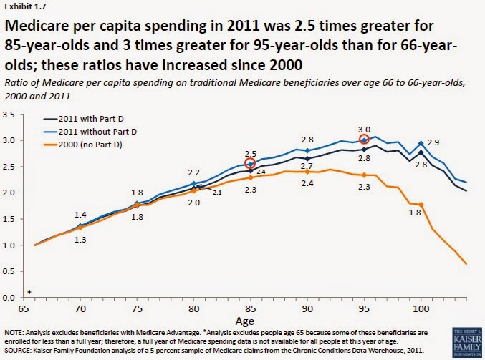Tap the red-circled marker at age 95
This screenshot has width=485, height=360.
pos(364,140)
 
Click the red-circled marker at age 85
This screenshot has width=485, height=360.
pos(250,163)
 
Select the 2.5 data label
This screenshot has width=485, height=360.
pos(250,152)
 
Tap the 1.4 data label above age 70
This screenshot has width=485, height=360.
pos(80,215)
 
